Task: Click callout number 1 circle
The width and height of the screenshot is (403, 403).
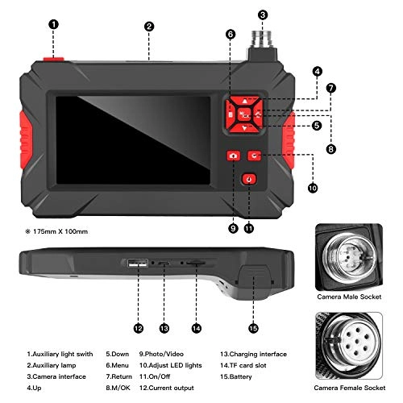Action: pyautogui.click(x=53, y=25)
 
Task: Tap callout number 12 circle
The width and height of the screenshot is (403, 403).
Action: pyautogui.click(x=139, y=328)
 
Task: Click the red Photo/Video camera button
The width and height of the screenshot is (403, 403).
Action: pyautogui.click(x=234, y=156)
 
